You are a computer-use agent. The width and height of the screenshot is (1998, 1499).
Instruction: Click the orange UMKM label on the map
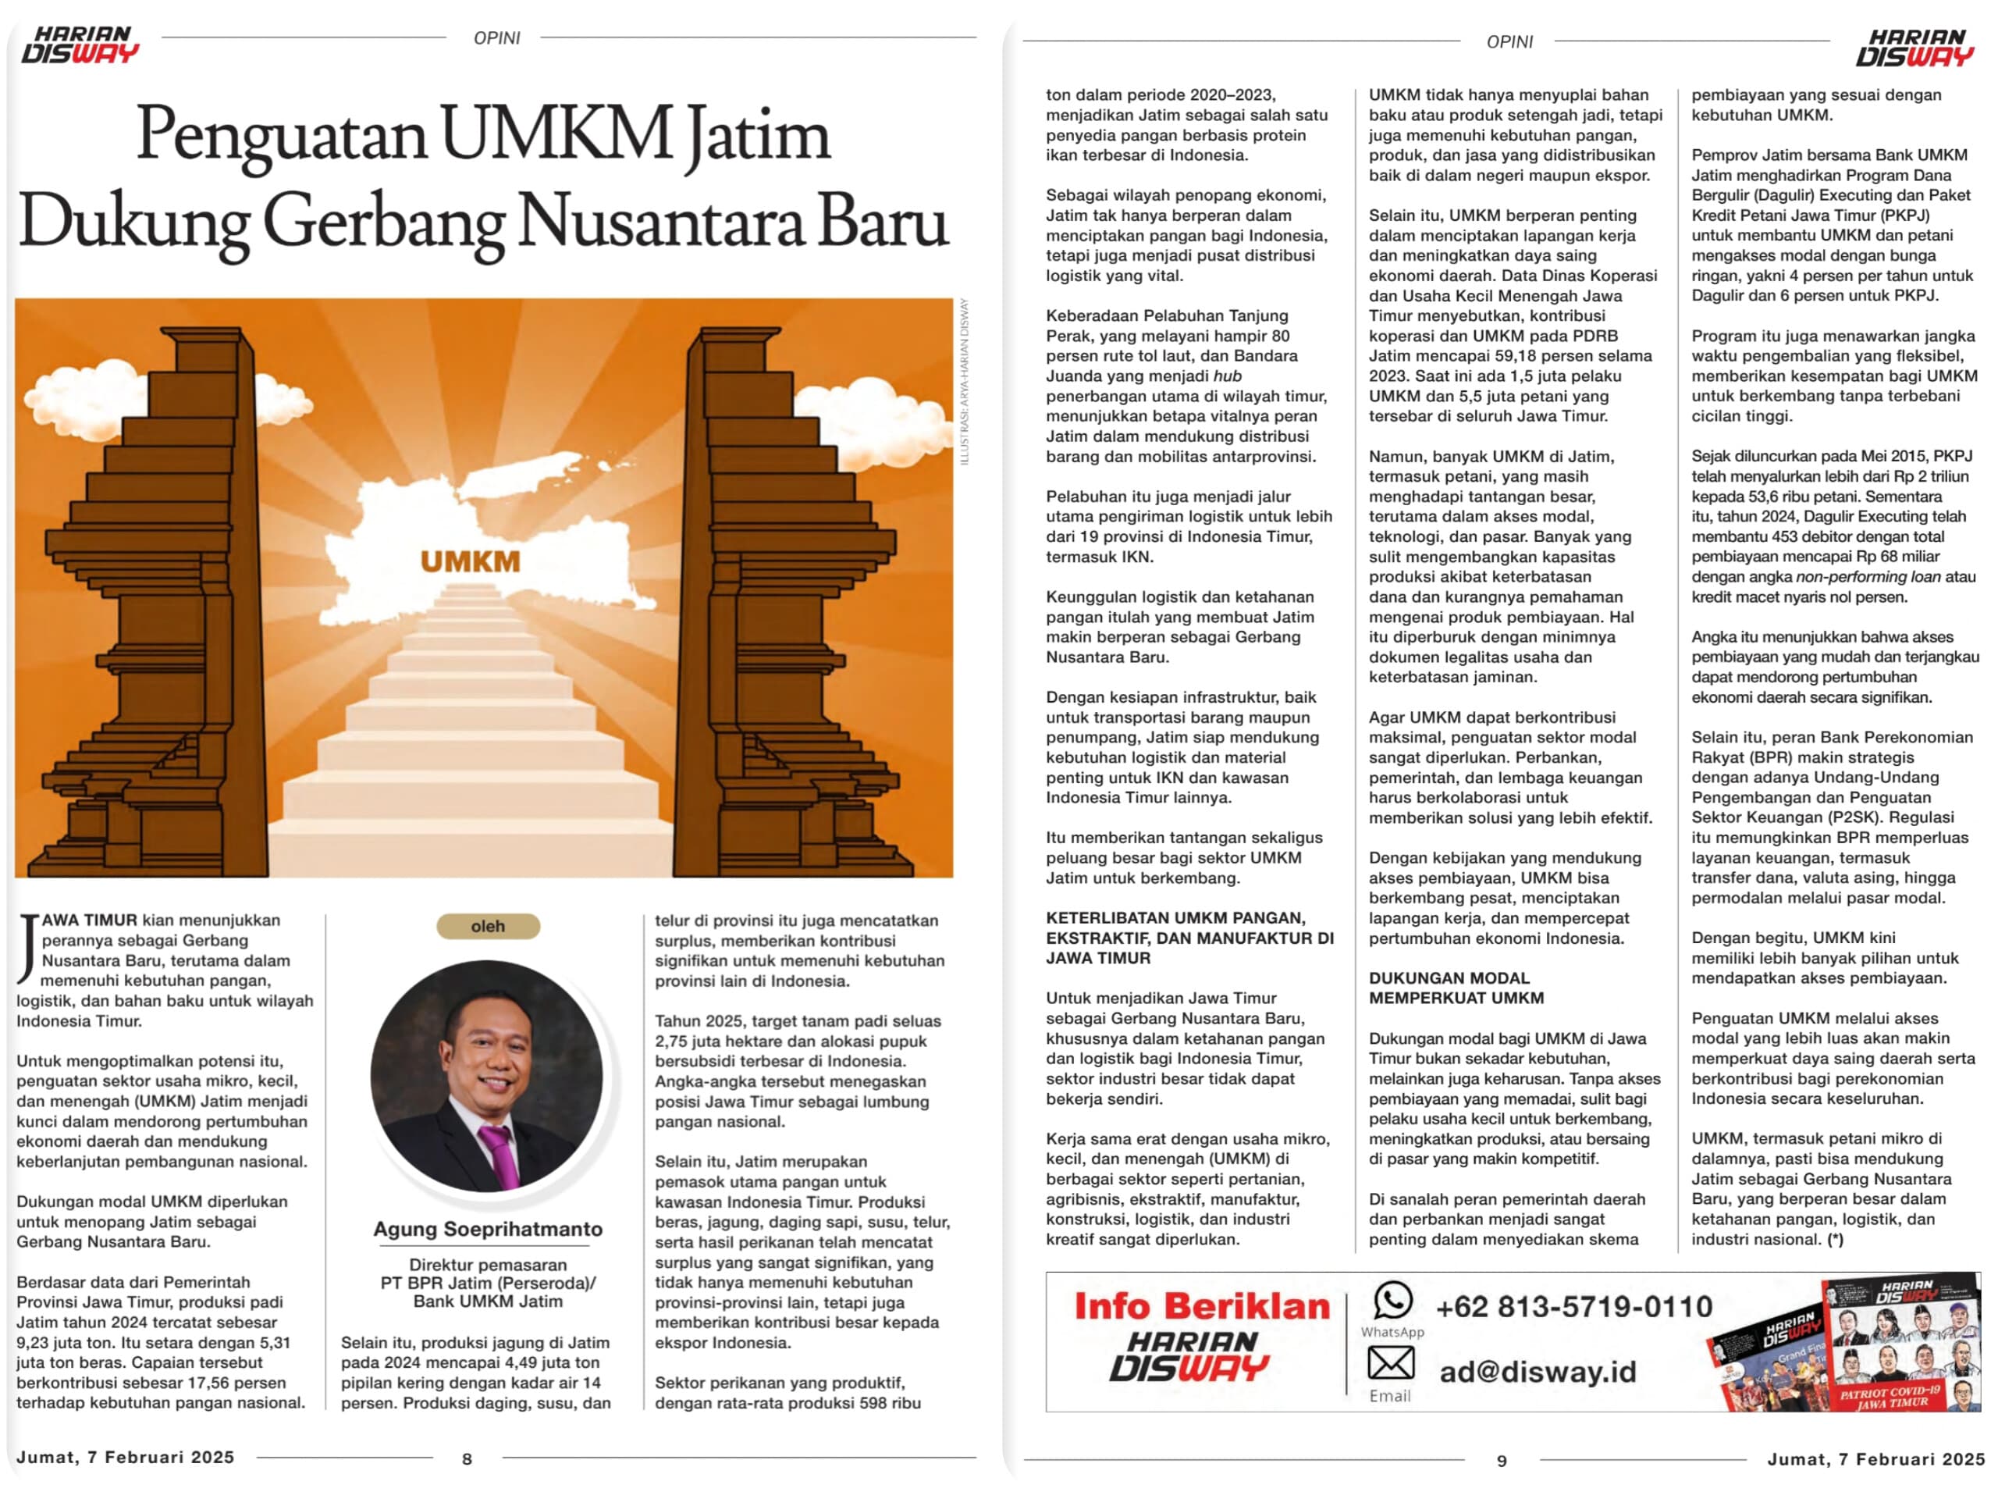click(470, 561)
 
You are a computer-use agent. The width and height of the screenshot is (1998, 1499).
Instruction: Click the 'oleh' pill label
click(488, 926)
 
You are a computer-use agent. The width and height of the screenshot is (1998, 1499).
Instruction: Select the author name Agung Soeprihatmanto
click(488, 1229)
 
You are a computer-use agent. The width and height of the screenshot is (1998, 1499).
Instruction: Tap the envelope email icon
click(1390, 1362)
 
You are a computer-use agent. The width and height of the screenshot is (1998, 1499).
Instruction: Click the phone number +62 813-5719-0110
click(1573, 1306)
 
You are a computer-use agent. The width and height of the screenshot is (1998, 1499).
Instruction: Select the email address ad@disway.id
click(1538, 1372)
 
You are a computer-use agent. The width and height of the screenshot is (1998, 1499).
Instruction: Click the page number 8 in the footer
click(467, 1458)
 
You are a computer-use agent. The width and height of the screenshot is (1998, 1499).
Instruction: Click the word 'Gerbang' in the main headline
click(383, 222)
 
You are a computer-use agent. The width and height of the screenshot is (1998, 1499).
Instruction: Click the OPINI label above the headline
click(497, 38)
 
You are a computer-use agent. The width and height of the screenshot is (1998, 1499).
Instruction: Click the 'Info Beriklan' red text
click(1201, 1305)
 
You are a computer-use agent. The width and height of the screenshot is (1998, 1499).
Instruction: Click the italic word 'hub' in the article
click(1227, 376)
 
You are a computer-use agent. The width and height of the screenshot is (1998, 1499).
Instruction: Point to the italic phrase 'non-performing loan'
click(1867, 576)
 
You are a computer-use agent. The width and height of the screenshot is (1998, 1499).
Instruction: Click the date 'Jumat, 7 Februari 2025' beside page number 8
click(126, 1458)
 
